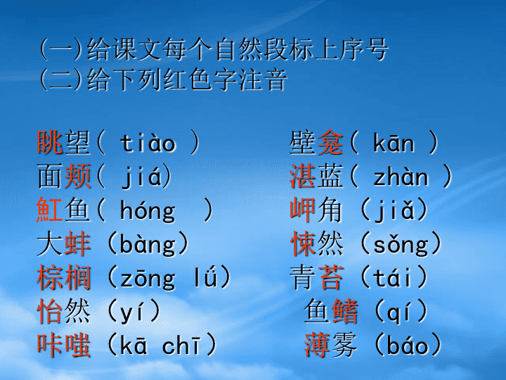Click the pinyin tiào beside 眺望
coord(148,142)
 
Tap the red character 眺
coord(50,142)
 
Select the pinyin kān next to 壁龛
coord(394,142)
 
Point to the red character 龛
coord(330,142)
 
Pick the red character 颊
coord(77,176)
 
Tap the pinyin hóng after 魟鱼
coord(148,211)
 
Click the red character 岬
coord(302,210)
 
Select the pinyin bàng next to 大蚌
coord(148,245)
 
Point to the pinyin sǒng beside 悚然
coord(401,245)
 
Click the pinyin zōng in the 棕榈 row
coord(148,279)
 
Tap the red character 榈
coord(77,278)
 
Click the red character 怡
coord(50,311)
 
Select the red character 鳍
coord(344,311)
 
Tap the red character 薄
coord(316,345)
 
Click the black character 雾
coord(344,345)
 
